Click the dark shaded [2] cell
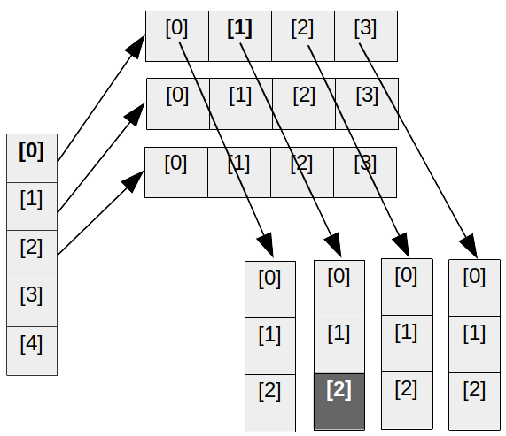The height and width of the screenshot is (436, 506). click(339, 402)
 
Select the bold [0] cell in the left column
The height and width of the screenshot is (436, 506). click(32, 158)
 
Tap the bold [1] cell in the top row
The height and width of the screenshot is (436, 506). click(240, 36)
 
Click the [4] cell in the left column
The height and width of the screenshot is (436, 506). click(32, 351)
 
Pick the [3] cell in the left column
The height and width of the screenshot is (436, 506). click(32, 302)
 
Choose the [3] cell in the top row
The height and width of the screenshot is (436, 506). click(366, 36)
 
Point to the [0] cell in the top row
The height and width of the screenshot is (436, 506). click(177, 36)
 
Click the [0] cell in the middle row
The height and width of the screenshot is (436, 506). click(178, 103)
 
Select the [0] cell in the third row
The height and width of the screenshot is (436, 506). click(176, 172)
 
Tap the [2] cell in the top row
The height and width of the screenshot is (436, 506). click(303, 36)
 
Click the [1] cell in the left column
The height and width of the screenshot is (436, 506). click(32, 206)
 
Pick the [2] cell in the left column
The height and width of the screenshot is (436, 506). click(32, 255)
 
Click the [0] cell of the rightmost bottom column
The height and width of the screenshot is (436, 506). click(475, 288)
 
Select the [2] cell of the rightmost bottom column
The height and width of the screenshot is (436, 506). click(475, 402)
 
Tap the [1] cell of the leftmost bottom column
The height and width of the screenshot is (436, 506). click(270, 346)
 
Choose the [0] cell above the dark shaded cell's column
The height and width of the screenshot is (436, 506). click(339, 289)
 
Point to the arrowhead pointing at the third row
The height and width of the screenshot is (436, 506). click(134, 181)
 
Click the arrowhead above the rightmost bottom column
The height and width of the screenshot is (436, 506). click(470, 247)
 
